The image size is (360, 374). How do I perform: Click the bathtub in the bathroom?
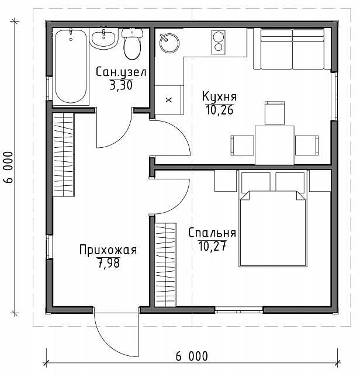[x=71, y=67]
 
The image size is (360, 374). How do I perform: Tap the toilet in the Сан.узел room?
[x=133, y=44]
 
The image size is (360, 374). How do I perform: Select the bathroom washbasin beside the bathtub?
[x=104, y=39]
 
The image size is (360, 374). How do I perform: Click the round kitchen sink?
[x=169, y=43]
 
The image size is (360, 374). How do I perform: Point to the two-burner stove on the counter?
[x=219, y=42]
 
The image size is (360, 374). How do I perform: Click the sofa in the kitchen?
[x=292, y=49]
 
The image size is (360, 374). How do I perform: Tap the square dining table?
[x=274, y=145]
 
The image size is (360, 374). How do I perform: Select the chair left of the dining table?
[x=242, y=146]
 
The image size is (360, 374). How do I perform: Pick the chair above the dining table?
[x=275, y=113]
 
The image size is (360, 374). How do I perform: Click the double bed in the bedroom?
[x=273, y=218]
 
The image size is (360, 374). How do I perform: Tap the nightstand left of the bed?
[x=225, y=181]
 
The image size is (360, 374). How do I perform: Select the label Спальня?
[x=212, y=233]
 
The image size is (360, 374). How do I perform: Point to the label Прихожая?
[x=108, y=250]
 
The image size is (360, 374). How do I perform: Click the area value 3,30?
[x=121, y=85]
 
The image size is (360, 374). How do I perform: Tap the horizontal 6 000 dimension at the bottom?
[x=192, y=356]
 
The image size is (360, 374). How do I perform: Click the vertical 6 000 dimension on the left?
[x=8, y=167]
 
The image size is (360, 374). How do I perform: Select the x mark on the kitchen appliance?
[x=169, y=100]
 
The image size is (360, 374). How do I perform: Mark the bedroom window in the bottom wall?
[x=239, y=310]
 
